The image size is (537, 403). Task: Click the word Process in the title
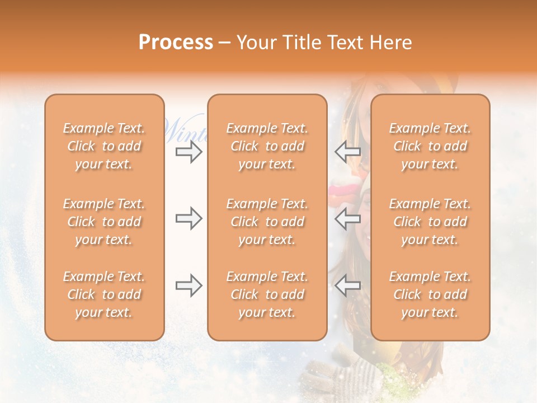click(x=176, y=43)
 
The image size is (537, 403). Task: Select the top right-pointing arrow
click(x=189, y=152)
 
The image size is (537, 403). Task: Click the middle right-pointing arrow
click(x=189, y=218)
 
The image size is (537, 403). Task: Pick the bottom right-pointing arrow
click(x=189, y=285)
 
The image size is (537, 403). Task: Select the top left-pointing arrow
click(x=347, y=152)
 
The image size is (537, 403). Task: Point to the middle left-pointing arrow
click(x=347, y=218)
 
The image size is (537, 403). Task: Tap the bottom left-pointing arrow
click(x=347, y=285)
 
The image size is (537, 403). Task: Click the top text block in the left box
click(x=104, y=146)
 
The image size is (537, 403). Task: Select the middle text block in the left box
click(x=104, y=222)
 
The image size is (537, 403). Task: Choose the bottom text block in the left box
click(x=104, y=294)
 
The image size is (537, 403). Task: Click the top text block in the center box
click(x=267, y=146)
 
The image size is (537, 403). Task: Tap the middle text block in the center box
click(x=267, y=222)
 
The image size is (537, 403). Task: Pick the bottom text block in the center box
click(x=267, y=294)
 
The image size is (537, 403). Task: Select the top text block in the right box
click(x=430, y=146)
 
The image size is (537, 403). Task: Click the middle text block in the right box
click(x=430, y=222)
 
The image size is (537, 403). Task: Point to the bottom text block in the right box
click(x=430, y=294)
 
